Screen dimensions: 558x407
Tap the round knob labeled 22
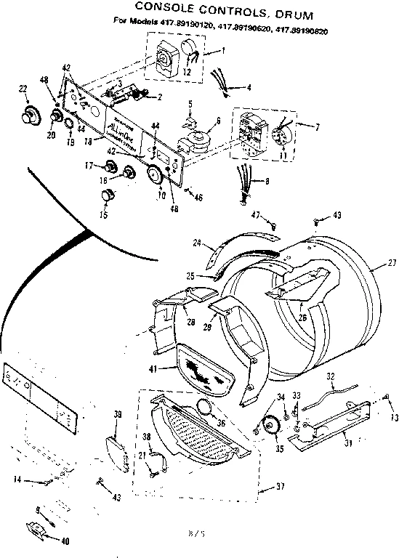click(31, 114)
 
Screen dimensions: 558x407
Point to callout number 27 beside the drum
click(392, 264)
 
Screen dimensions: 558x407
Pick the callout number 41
click(153, 369)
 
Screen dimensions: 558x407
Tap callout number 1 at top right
click(223, 50)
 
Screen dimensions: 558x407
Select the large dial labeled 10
click(156, 177)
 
